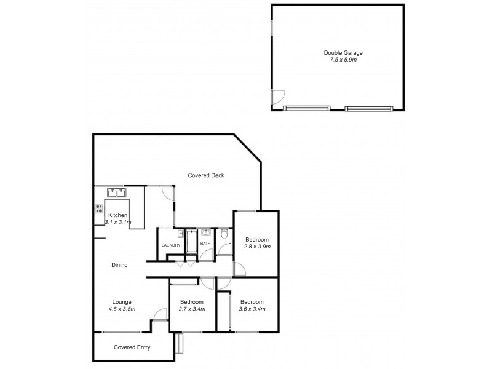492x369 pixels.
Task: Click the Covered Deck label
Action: pos(206,175)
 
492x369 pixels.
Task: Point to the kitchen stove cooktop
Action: pos(98,209)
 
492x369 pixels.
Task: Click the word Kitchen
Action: pos(117,215)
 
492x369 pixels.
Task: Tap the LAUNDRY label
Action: pos(170,245)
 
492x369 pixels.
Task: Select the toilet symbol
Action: pos(225,234)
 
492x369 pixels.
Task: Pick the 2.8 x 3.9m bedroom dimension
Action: pos(258,247)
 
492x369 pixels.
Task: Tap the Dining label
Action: pos(119,266)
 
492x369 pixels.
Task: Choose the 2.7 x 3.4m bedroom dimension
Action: pos(192,309)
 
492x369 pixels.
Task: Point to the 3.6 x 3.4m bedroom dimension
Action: pos(252,309)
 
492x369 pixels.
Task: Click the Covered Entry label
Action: pos(132,347)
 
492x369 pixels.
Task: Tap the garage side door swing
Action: pos(279,97)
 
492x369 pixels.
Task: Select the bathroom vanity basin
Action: pos(205,234)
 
